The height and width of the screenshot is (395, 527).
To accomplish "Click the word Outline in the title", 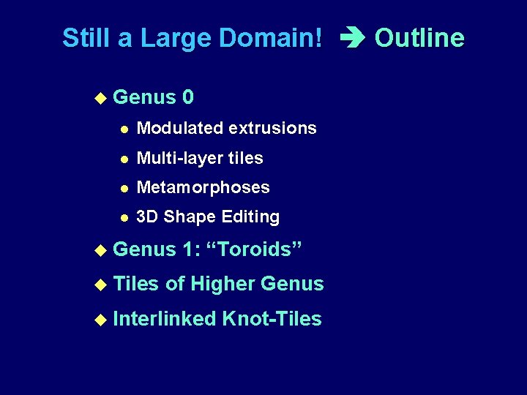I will tap(419, 38).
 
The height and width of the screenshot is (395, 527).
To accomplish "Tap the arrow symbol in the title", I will tap(349, 39).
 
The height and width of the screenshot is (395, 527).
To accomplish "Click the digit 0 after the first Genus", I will tap(189, 97).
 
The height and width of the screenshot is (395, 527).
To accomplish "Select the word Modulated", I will tap(180, 128).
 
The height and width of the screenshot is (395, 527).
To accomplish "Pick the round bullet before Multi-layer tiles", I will tap(124, 159).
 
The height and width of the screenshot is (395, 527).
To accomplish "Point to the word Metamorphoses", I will tap(203, 187).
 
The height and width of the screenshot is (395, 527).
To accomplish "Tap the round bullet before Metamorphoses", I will tap(124, 188).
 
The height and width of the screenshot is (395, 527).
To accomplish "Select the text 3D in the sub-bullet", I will tap(147, 217).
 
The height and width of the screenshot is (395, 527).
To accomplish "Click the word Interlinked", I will tap(165, 319).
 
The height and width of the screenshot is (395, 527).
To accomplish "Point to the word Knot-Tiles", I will tap(272, 319).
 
